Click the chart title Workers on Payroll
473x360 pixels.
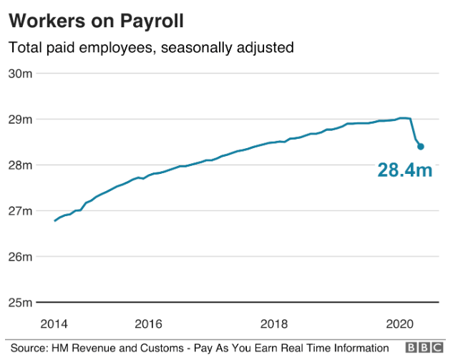click(96, 21)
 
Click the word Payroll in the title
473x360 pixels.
click(152, 22)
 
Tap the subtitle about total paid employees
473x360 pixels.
click(151, 48)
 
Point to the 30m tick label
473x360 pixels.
click(20, 74)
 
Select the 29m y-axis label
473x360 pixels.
click(20, 120)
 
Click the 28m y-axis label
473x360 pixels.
click(20, 165)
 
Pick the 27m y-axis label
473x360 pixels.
click(20, 211)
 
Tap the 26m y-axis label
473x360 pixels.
click(20, 257)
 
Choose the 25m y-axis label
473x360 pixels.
click(20, 302)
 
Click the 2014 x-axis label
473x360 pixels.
click(54, 324)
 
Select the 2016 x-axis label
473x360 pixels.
click(148, 324)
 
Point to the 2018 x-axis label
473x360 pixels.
click(274, 324)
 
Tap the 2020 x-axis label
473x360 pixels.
click(400, 324)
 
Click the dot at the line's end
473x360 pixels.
click(421, 147)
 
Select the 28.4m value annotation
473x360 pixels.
click(405, 170)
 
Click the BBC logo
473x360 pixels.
click(424, 348)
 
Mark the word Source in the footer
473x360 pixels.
click(29, 349)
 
